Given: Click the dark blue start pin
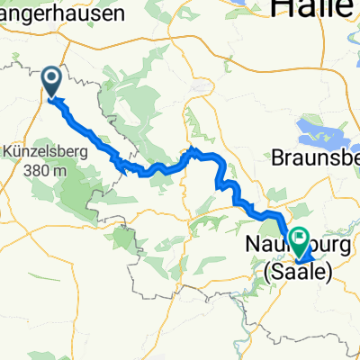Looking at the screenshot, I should pos(51,82).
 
